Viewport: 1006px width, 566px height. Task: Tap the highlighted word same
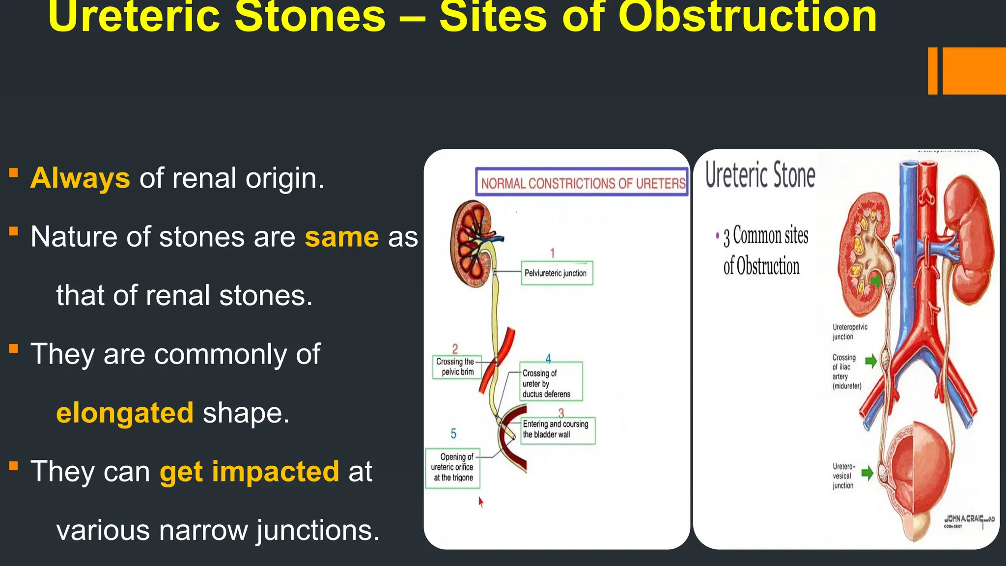tap(342, 237)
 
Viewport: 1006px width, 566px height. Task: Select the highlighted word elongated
tap(125, 413)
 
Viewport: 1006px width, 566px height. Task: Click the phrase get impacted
tap(250, 472)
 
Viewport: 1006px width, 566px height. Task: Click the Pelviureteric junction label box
tap(557, 273)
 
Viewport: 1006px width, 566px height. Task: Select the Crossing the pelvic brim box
tap(456, 367)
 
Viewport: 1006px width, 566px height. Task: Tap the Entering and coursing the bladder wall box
tap(557, 430)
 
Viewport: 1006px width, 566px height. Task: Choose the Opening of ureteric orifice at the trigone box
tap(452, 468)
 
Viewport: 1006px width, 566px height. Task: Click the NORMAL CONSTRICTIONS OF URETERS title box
tap(582, 183)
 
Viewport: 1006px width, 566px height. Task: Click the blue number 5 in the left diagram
tap(453, 434)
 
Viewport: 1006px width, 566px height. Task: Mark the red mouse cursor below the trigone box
tap(480, 502)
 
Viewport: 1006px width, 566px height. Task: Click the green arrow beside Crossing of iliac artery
tap(870, 361)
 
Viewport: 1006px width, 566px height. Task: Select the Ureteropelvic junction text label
tap(849, 332)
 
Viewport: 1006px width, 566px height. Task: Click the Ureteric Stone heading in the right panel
tap(760, 175)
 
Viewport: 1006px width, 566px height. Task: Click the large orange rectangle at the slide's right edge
tap(974, 71)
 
